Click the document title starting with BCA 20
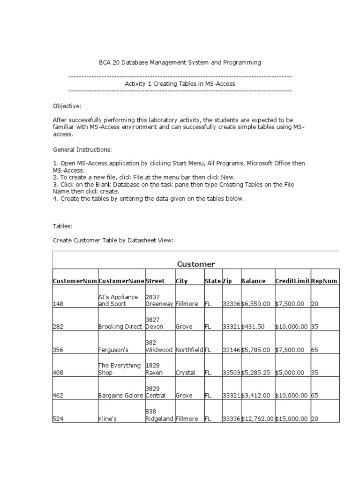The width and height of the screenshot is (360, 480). click(180, 62)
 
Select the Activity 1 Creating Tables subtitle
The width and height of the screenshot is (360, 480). click(180, 83)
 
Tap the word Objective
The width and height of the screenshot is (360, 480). click(67, 106)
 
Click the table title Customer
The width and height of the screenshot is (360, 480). click(195, 264)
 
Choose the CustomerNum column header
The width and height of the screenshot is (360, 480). click(75, 281)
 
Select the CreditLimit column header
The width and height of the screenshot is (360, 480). click(292, 281)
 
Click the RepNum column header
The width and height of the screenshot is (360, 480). click(324, 281)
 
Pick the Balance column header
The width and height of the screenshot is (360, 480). click(253, 281)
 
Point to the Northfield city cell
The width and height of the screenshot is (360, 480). click(189, 350)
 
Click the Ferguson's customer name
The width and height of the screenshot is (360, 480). click(112, 350)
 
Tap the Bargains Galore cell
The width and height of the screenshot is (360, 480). click(120, 396)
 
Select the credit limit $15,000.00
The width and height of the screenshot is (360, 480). click(292, 419)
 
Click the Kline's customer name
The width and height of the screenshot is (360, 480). click(107, 419)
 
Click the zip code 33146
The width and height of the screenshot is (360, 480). click(231, 350)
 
